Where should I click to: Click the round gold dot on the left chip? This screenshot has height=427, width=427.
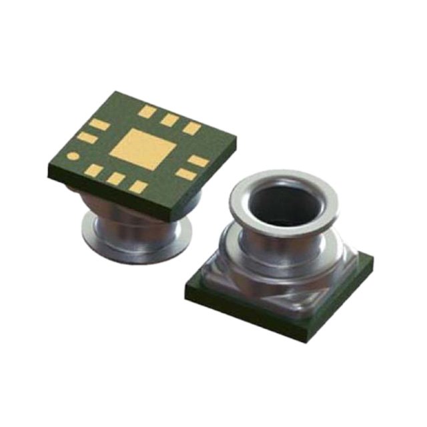(73, 157)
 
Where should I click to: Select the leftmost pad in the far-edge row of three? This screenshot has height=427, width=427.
(147, 111)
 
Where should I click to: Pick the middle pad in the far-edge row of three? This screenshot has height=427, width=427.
(170, 120)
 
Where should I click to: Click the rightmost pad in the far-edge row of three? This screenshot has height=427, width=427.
(192, 128)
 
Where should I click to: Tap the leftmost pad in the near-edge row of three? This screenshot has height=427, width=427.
(94, 170)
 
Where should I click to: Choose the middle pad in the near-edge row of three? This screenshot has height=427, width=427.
(116, 179)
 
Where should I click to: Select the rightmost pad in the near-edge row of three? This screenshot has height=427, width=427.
(138, 187)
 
